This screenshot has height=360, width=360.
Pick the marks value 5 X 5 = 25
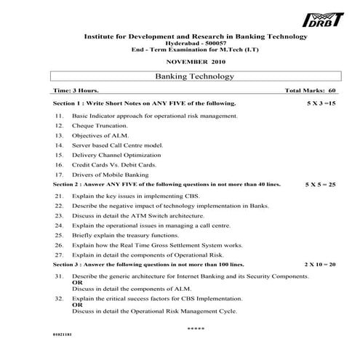click(x=320, y=185)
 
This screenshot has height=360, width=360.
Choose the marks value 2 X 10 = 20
click(x=320, y=264)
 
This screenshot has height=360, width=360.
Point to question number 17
click(x=59, y=175)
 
